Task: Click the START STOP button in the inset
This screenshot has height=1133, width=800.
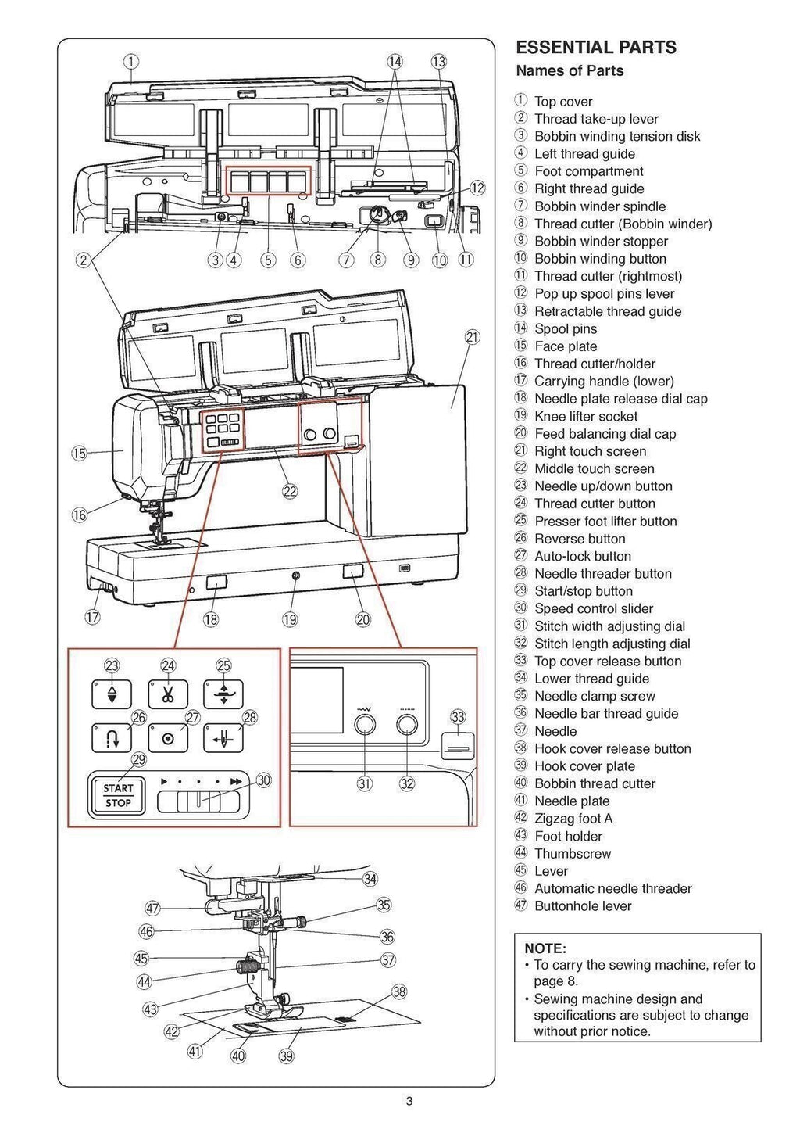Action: tap(118, 795)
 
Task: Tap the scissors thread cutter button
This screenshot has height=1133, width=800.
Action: tap(168, 694)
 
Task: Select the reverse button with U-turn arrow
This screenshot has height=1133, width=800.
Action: tap(112, 737)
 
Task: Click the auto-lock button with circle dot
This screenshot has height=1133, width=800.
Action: tap(168, 737)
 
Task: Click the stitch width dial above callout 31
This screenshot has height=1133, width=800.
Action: tap(365, 726)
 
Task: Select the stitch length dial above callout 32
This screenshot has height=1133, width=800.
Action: tap(406, 726)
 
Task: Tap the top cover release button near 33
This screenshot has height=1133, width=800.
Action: tap(457, 747)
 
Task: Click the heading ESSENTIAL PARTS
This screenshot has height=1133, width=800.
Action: tap(596, 48)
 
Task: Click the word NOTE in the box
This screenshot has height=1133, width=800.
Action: tap(545, 948)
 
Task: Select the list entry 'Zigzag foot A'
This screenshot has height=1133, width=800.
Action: tap(573, 819)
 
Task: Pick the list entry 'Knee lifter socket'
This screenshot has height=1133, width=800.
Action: tap(585, 417)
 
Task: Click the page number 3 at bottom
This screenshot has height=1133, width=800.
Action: tap(409, 1103)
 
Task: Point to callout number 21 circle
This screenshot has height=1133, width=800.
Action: tap(472, 337)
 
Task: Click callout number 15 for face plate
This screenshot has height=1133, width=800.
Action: tap(79, 454)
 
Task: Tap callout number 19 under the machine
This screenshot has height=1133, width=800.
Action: tap(290, 619)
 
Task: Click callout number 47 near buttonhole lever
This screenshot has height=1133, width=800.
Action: tap(152, 908)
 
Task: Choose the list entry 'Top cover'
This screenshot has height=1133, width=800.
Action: tap(562, 102)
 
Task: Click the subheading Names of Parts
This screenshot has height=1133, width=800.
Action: tap(570, 71)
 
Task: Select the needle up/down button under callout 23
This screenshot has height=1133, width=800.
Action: tap(112, 694)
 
